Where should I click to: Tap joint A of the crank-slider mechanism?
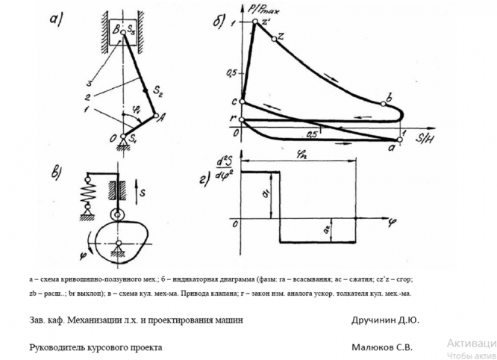click(x=156, y=115)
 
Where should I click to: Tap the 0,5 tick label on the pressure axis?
click(x=231, y=72)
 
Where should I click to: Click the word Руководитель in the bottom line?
click(x=58, y=347)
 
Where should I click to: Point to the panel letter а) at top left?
click(x=57, y=20)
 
